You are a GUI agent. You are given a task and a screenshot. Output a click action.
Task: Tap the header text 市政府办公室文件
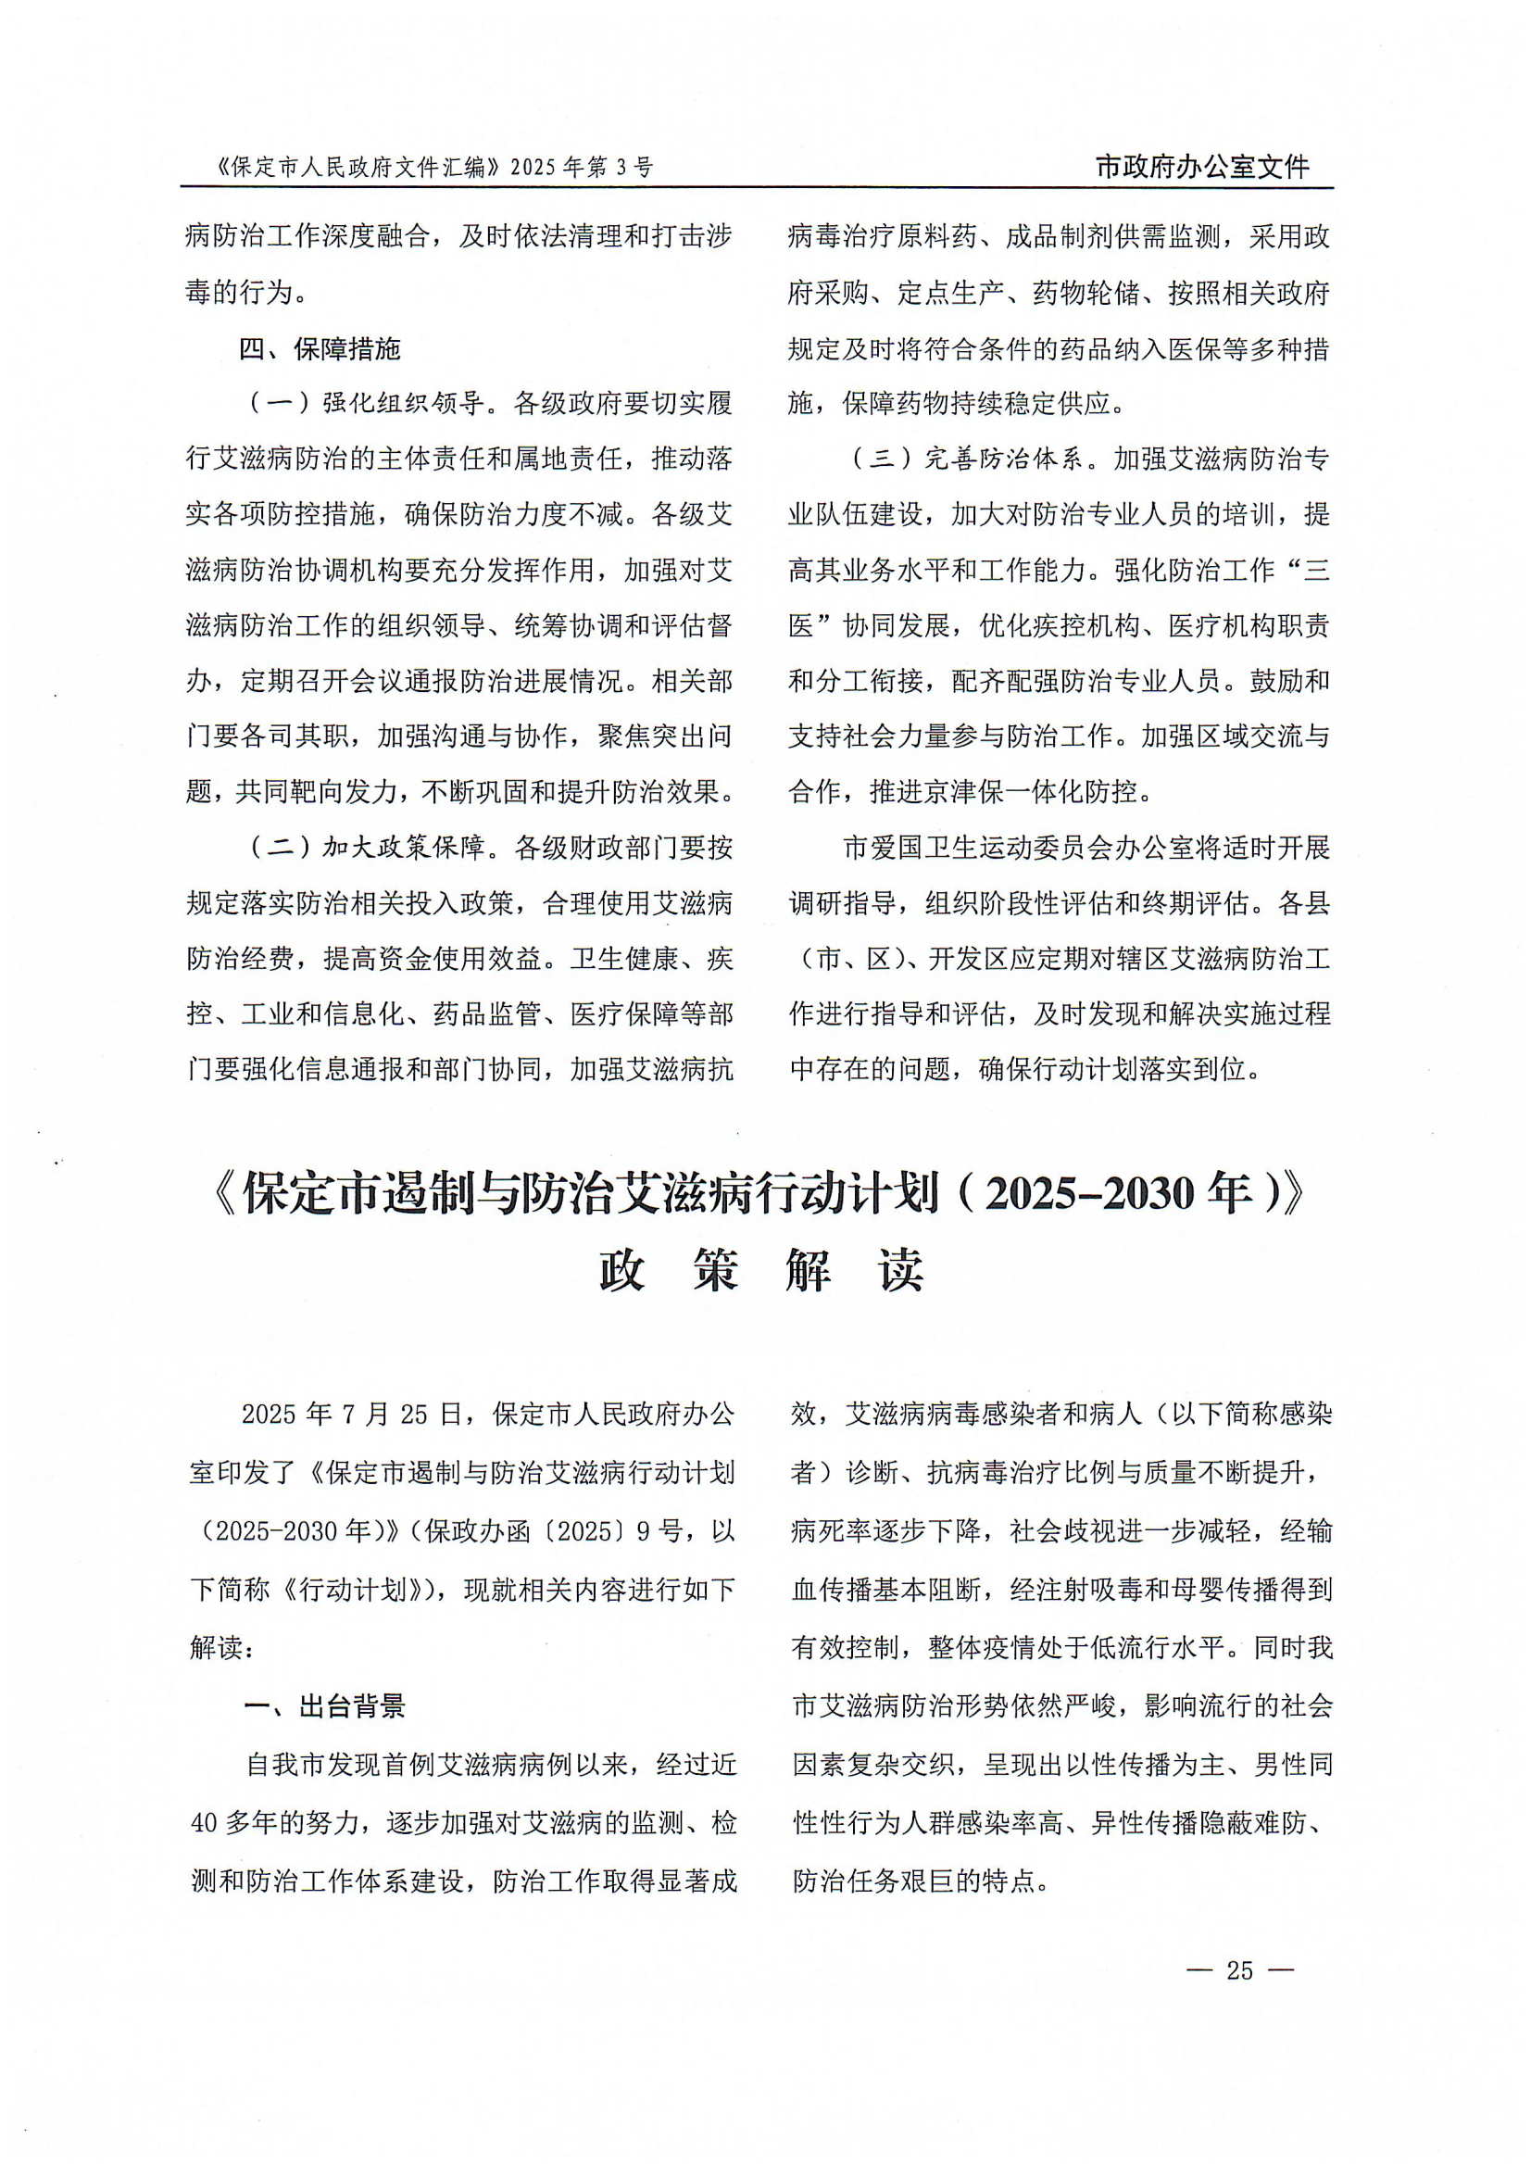(1202, 167)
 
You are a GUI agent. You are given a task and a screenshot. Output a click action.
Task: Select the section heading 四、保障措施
(320, 349)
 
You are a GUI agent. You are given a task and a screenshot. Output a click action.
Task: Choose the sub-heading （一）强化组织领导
(367, 404)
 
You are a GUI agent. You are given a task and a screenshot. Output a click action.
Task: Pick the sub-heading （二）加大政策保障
(367, 848)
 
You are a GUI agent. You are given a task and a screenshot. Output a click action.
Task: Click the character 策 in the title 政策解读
(715, 1270)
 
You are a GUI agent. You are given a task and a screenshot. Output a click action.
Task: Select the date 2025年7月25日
(352, 1414)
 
